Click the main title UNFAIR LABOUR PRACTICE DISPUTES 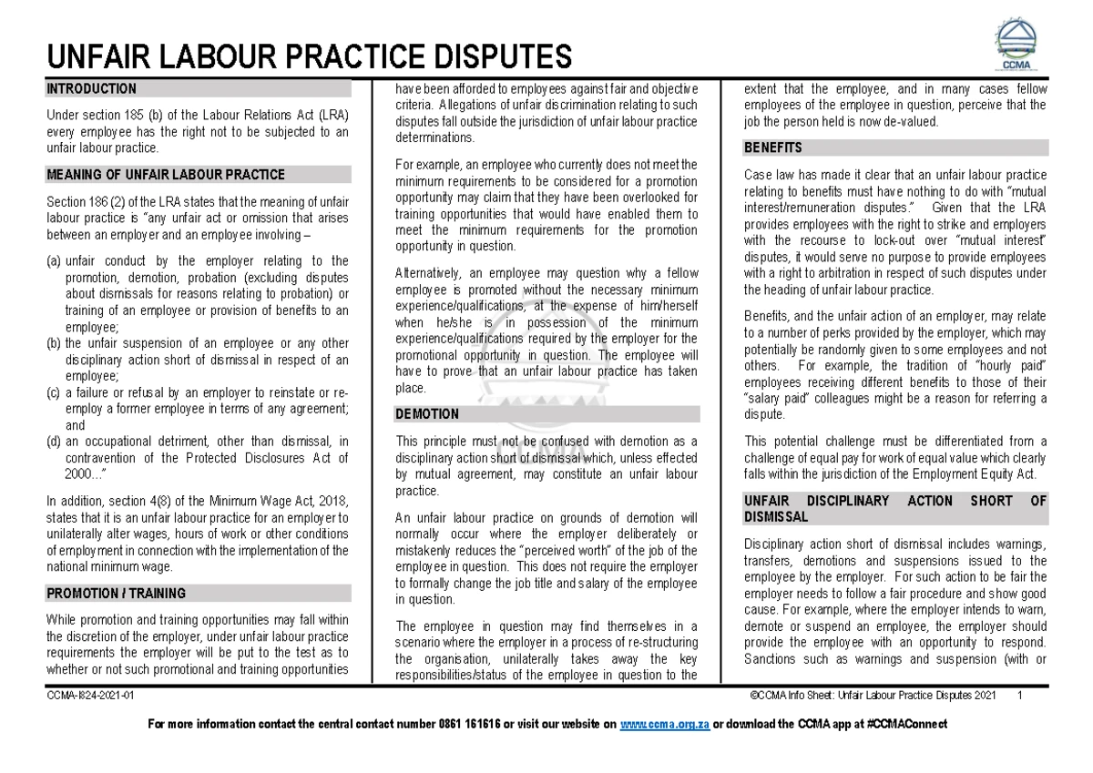[x=309, y=57]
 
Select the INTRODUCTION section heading [x=91, y=89]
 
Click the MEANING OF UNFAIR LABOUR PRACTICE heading [x=165, y=175]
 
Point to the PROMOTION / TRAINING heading [x=116, y=594]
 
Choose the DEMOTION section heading [x=426, y=414]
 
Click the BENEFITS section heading [x=772, y=147]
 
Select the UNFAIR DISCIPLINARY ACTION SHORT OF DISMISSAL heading [x=894, y=508]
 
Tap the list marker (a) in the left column [x=55, y=261]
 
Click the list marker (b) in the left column [x=55, y=343]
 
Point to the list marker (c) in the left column [x=55, y=392]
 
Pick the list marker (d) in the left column [x=55, y=442]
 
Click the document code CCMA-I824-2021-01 [x=90, y=697]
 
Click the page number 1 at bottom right [x=1021, y=697]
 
